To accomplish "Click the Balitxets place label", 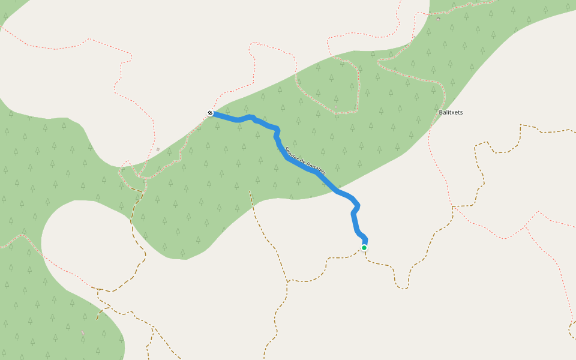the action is (x=451, y=112).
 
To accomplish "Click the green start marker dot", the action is (x=364, y=247).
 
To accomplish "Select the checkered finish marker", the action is (x=210, y=113).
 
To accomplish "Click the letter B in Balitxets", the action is (x=441, y=112).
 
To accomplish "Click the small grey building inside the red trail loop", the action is (x=336, y=107).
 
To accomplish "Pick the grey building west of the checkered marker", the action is (x=158, y=149).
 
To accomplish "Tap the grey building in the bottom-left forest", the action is (x=83, y=332).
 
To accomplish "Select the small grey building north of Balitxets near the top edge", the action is (x=438, y=19).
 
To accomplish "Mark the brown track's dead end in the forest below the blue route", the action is (x=250, y=191).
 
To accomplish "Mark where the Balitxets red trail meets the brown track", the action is (x=452, y=207).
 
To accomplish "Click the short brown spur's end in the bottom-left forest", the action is (x=97, y=319).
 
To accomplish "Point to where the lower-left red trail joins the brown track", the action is (x=98, y=289).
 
